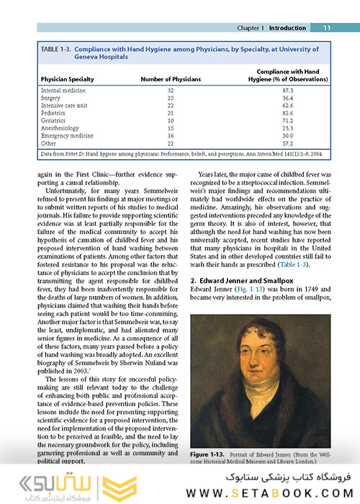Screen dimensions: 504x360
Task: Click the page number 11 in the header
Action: click(326, 28)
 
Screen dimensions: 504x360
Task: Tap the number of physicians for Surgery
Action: click(171, 98)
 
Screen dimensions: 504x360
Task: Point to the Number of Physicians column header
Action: click(171, 78)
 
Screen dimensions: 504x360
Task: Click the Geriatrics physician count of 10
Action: click(171, 120)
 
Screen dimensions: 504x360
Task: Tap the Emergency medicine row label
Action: click(67, 135)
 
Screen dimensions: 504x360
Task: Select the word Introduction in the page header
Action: click(289, 28)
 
